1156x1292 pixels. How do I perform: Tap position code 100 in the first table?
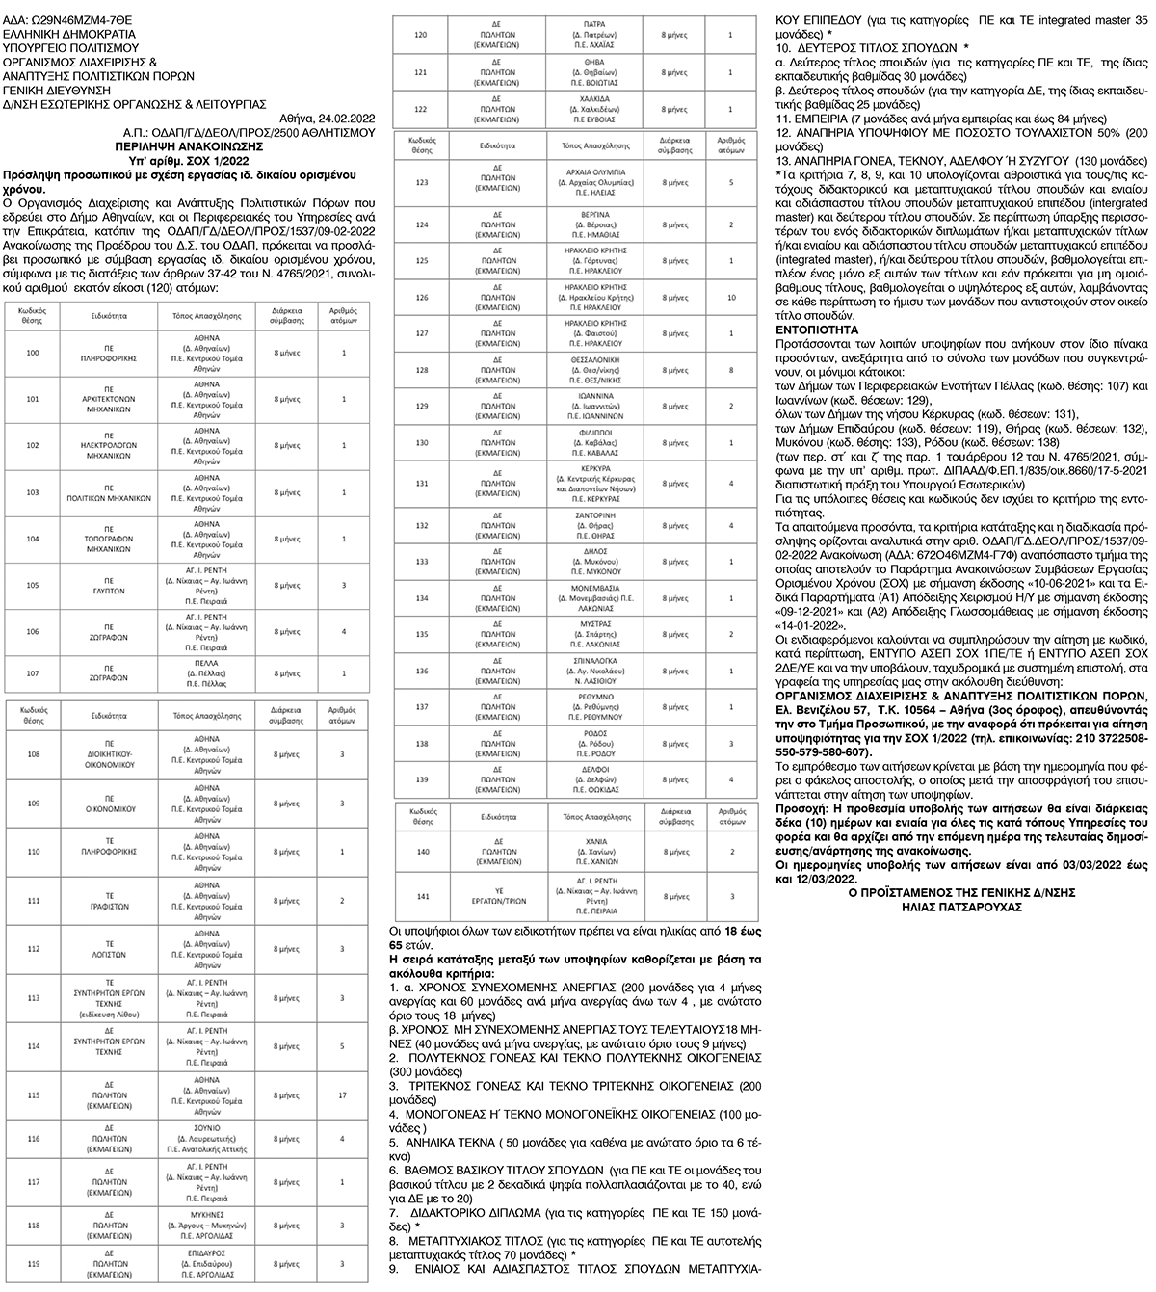(33, 353)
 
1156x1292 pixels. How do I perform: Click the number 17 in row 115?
(343, 1094)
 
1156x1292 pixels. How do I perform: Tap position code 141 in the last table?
(422, 895)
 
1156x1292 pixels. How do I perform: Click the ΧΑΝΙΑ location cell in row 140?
(594, 853)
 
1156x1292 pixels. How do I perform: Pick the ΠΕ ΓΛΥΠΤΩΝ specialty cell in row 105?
(109, 585)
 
